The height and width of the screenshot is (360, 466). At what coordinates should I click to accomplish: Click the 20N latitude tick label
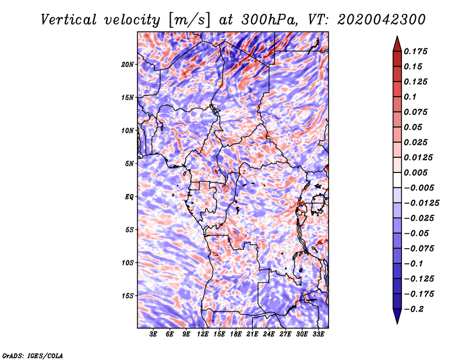click(x=128, y=65)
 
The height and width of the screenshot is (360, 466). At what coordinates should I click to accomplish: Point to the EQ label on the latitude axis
click(x=129, y=197)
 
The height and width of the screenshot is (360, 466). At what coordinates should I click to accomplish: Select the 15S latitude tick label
click(x=128, y=296)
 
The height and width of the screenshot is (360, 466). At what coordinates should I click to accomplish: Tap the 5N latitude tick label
click(x=129, y=164)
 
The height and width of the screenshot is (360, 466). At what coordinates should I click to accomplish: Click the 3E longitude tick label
click(x=153, y=334)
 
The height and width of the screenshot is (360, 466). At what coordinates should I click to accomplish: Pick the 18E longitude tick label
click(x=236, y=334)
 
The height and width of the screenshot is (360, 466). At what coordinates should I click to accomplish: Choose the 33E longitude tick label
click(x=318, y=334)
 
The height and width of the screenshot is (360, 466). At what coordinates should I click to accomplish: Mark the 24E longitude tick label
click(x=269, y=334)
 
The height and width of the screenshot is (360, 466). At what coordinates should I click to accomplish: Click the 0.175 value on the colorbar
click(x=415, y=51)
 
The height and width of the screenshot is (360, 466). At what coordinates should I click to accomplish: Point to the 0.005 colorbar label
click(x=415, y=172)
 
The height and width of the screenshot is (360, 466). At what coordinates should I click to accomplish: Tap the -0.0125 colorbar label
click(x=421, y=203)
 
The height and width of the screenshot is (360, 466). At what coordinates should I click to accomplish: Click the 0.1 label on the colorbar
click(x=410, y=97)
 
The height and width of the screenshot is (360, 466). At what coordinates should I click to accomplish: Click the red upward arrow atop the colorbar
click(x=397, y=44)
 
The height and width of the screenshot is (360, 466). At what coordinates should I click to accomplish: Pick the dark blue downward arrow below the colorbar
click(x=397, y=316)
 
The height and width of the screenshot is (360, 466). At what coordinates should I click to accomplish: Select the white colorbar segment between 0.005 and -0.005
click(x=397, y=180)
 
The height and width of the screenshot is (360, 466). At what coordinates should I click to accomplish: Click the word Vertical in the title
click(x=69, y=20)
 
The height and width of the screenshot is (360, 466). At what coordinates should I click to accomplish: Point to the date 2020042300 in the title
click(x=382, y=20)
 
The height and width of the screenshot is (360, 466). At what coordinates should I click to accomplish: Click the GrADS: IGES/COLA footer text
click(x=33, y=355)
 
